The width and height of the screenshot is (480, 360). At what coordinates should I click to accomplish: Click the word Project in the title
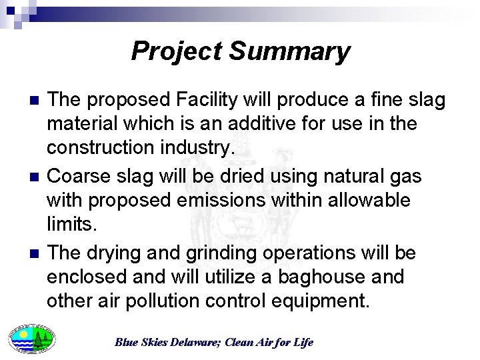coord(177,51)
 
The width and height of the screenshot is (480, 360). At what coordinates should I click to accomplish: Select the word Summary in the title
coord(290,51)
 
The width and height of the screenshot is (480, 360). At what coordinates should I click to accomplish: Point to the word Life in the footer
coord(303,343)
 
